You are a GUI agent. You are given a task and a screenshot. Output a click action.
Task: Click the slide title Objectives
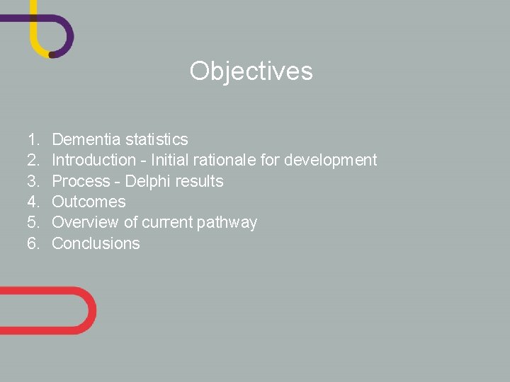point(251,71)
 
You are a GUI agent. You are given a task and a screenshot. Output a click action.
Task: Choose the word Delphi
point(149,181)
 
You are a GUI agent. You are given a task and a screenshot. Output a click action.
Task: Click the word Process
point(81,181)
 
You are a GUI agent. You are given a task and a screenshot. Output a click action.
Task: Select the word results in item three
point(200,181)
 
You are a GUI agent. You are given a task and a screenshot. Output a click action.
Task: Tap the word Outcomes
point(89,202)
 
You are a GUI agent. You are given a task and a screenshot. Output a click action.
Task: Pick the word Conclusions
point(96,243)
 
